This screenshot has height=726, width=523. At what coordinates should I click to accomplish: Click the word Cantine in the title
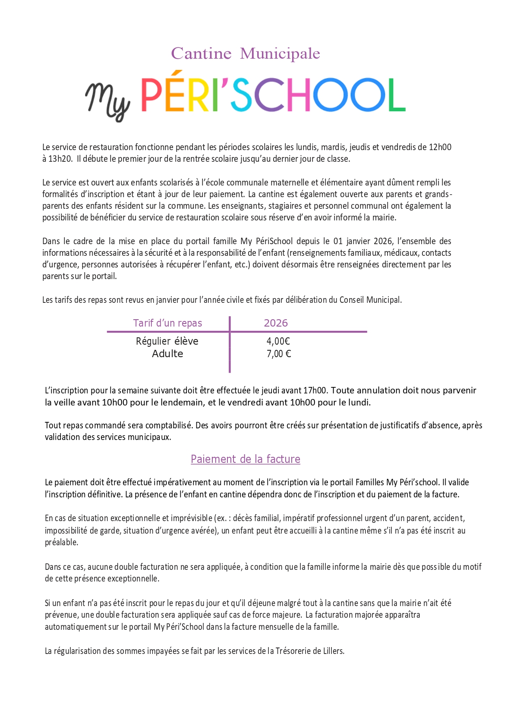coord(201,53)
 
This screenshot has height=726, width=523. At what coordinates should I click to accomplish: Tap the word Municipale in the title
coord(280,53)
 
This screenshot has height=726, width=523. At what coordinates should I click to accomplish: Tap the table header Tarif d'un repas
coord(167,323)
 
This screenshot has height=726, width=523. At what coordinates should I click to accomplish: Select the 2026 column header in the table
coord(276,323)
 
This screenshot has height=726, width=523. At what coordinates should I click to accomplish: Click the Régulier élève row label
coord(167,341)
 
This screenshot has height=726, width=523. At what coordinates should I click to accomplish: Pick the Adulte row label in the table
coord(167,354)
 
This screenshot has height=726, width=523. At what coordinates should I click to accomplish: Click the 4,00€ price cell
coord(278,341)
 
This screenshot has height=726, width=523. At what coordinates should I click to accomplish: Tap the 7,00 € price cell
coord(279,354)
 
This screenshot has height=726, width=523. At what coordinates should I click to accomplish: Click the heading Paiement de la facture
coord(245,459)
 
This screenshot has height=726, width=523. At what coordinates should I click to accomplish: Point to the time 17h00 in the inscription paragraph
coord(315,390)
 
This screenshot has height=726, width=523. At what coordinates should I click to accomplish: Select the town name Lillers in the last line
coord(333,651)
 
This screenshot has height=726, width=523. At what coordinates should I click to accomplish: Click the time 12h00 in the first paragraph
coord(440,147)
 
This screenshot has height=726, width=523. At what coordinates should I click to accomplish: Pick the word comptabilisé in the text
coord(168,425)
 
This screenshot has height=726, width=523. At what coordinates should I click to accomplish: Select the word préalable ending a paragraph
coord(61,542)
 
